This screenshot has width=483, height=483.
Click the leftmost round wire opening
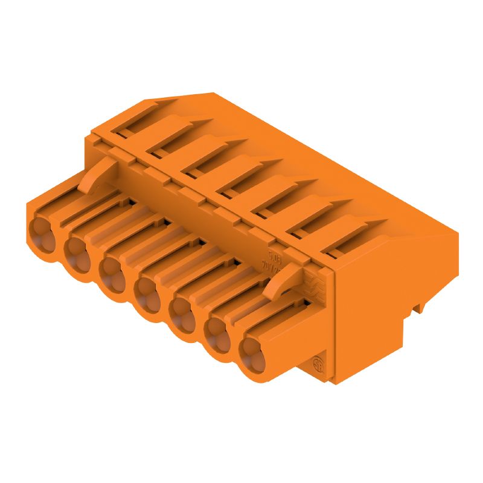coord(40,232)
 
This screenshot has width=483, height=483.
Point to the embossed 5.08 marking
coord(274,255)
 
